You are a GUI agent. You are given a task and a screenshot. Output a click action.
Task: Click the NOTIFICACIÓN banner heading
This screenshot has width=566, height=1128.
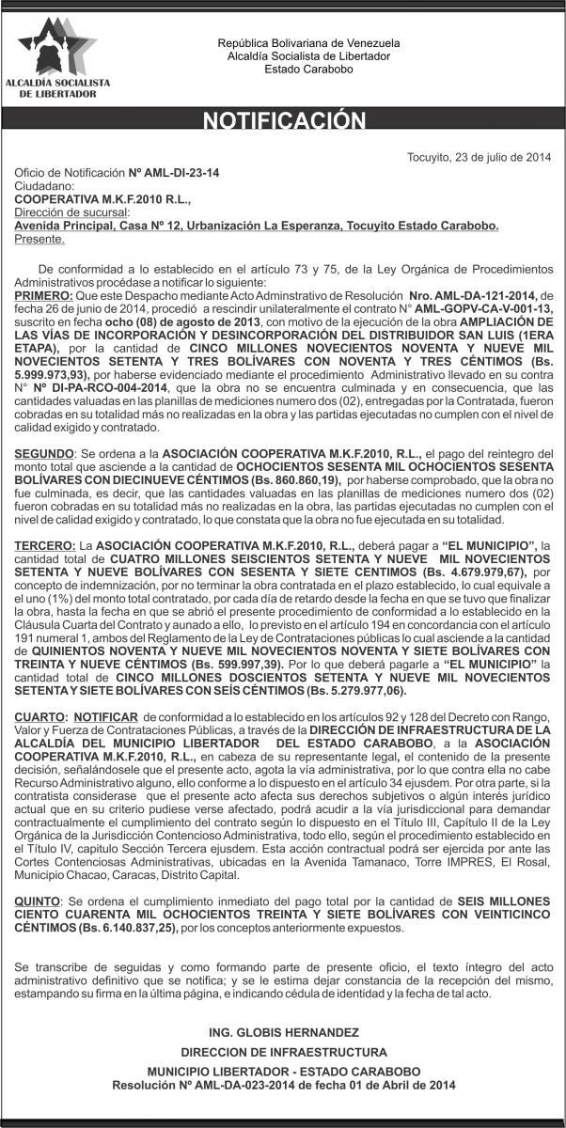283,120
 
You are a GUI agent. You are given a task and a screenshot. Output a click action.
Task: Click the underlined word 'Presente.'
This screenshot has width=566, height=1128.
39,240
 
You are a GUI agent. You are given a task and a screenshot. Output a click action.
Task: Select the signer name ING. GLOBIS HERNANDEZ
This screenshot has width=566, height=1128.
282,1032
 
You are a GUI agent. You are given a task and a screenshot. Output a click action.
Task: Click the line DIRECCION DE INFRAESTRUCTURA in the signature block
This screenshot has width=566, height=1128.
282,1053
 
